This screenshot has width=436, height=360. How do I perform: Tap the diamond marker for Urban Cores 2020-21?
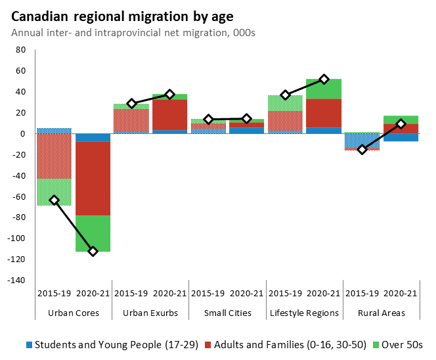tap(93, 252)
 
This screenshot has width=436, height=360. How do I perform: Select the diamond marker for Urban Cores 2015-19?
tap(54, 200)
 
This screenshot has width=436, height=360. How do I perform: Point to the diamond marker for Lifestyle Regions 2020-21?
tap(324, 79)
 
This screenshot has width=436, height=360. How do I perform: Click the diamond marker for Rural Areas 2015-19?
tap(362, 150)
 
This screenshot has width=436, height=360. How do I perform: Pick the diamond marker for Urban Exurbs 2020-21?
tap(169, 95)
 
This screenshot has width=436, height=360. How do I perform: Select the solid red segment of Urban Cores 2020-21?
tap(93, 178)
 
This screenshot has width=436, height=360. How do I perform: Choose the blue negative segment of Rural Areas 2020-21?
tap(401, 137)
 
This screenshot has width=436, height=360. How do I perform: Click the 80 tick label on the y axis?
tap(20, 50)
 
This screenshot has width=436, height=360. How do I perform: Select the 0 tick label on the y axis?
tap(22, 134)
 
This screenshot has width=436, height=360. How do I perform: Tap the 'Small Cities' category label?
tap(227, 313)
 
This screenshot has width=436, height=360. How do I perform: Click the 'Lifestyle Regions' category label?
tap(305, 313)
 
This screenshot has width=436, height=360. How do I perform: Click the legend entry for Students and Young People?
tap(112, 344)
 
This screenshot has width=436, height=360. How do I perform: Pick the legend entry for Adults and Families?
tap(286, 344)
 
